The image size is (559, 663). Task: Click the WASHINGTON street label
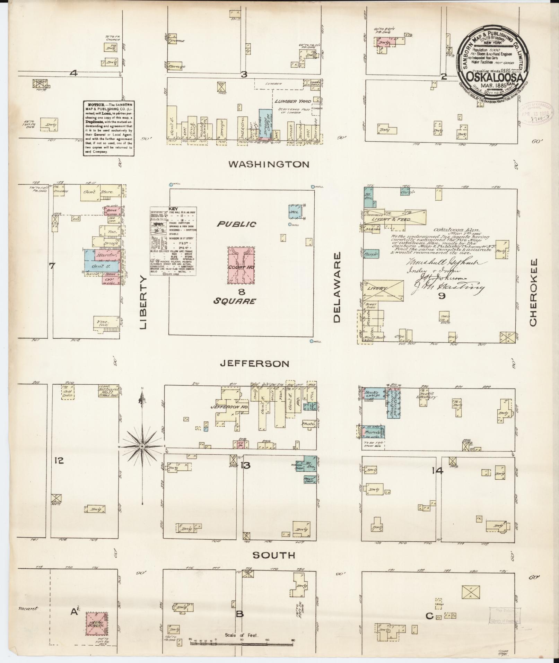269,164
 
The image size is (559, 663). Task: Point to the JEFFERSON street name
255,364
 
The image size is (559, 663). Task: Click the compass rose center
141,447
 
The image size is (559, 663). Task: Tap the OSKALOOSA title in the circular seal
494,77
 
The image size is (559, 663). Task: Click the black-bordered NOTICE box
109,128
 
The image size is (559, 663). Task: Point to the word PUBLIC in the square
237,224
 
